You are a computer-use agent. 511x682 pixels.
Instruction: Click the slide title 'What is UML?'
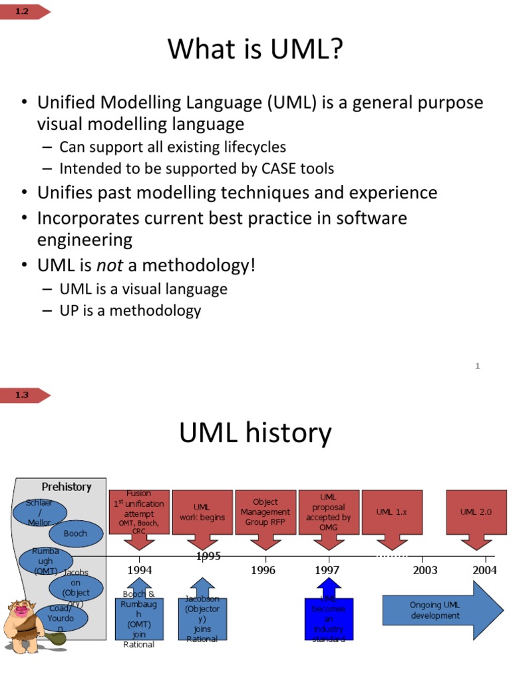pos(255,50)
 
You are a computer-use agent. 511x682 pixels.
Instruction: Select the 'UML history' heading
pos(255,433)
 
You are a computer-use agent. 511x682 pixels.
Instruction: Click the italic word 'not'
pos(110,266)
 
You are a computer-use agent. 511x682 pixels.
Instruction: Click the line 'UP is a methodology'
pos(130,310)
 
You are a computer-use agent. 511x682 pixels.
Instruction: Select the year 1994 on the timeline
pos(140,570)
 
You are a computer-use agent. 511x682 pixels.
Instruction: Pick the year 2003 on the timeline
pos(425,570)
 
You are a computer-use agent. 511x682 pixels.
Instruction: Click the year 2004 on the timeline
pos(484,570)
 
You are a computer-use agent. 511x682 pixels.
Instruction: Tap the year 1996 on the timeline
pos(263,570)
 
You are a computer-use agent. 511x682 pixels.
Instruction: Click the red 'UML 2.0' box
pos(477,512)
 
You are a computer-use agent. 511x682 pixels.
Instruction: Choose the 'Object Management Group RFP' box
pos(265,512)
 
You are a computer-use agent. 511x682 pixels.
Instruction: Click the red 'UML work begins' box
pos(202,512)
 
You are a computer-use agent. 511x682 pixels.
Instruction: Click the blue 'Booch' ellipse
pos(76,533)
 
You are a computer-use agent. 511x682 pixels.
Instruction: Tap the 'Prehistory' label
pos(67,487)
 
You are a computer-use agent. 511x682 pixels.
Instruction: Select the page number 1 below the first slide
pos(478,366)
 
